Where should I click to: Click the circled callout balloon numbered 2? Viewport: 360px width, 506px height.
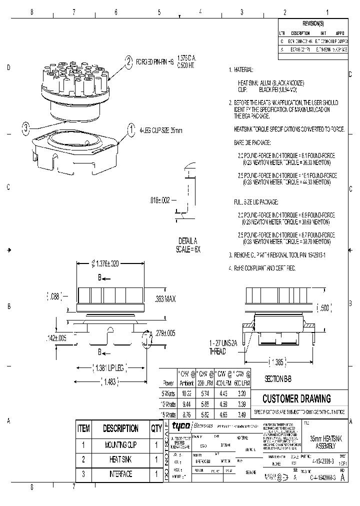tap(128, 62)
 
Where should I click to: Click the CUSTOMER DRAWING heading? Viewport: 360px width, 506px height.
tap(296, 398)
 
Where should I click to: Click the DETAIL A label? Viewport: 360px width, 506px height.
tap(188, 240)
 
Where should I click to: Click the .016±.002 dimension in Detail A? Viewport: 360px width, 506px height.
tap(160, 199)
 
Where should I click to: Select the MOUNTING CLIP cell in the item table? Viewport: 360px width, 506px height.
tap(120, 444)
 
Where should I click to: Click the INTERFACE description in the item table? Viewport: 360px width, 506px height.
tap(120, 474)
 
